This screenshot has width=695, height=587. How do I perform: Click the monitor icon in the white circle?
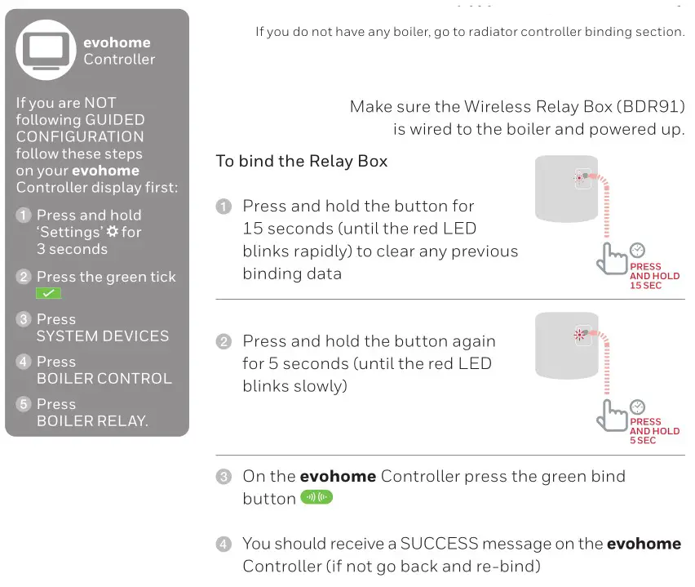point(46,50)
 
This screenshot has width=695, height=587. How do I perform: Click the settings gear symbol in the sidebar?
point(113,232)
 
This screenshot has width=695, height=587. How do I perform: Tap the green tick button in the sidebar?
point(48,293)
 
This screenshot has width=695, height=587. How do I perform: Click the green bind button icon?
point(317,498)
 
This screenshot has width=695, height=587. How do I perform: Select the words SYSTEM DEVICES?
point(103,336)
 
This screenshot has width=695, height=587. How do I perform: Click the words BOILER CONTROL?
point(104,379)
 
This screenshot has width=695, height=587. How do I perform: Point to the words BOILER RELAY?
point(92,421)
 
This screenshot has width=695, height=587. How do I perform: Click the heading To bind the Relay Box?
point(301,161)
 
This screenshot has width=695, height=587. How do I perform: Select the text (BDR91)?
point(650,107)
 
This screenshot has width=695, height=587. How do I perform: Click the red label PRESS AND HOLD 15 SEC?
point(654,277)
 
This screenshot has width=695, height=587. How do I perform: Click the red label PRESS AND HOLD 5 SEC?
point(654,431)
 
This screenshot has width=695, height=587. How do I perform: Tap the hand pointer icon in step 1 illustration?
point(610,259)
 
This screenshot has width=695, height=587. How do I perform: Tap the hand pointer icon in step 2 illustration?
point(610,414)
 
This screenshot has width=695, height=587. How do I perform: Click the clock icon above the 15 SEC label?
point(638,251)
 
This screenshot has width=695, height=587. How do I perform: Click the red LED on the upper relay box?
point(581,178)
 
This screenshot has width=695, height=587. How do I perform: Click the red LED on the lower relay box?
point(581,334)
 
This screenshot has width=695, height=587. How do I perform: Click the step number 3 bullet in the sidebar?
point(24,319)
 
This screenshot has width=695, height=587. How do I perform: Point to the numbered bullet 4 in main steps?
point(224,544)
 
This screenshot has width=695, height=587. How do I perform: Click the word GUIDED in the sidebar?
point(115,120)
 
